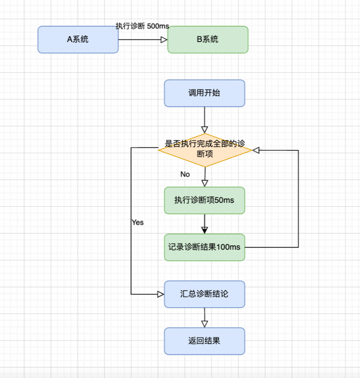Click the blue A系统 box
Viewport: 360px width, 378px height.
(78, 39)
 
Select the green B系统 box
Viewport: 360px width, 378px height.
(208, 39)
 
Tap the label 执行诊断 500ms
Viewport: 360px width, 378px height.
(142, 26)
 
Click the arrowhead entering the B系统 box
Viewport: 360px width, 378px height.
(164, 39)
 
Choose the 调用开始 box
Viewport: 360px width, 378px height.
(204, 93)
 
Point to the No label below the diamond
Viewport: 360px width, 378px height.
(185, 174)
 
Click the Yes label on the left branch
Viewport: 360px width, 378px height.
(137, 222)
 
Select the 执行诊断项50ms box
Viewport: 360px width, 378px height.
(204, 200)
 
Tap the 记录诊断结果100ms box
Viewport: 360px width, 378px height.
(204, 247)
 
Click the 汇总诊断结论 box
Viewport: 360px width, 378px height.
(204, 294)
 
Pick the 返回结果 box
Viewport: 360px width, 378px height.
(204, 341)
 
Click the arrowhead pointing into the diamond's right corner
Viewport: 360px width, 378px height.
(256, 150)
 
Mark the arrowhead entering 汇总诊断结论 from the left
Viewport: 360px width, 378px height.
(161, 294)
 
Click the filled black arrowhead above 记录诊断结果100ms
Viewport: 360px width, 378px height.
(204, 230)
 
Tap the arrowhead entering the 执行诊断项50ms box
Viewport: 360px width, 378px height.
(204, 183)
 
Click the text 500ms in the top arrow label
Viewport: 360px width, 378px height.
(158, 26)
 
